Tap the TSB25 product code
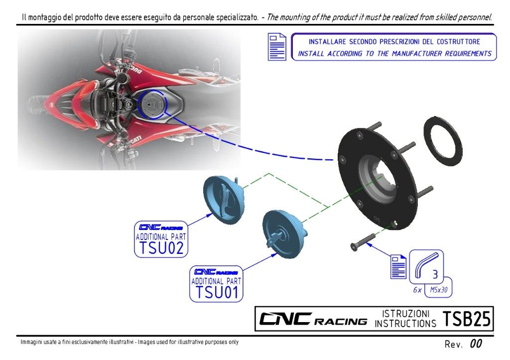coord(467,319)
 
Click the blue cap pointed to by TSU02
coord(222,198)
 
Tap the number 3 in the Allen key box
coord(435,274)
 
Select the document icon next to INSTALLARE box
coord(277,47)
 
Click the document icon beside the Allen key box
coord(398,267)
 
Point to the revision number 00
coord(476,344)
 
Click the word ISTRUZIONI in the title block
coord(405,314)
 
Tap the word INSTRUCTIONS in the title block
coord(405,324)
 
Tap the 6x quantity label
coord(417,289)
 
